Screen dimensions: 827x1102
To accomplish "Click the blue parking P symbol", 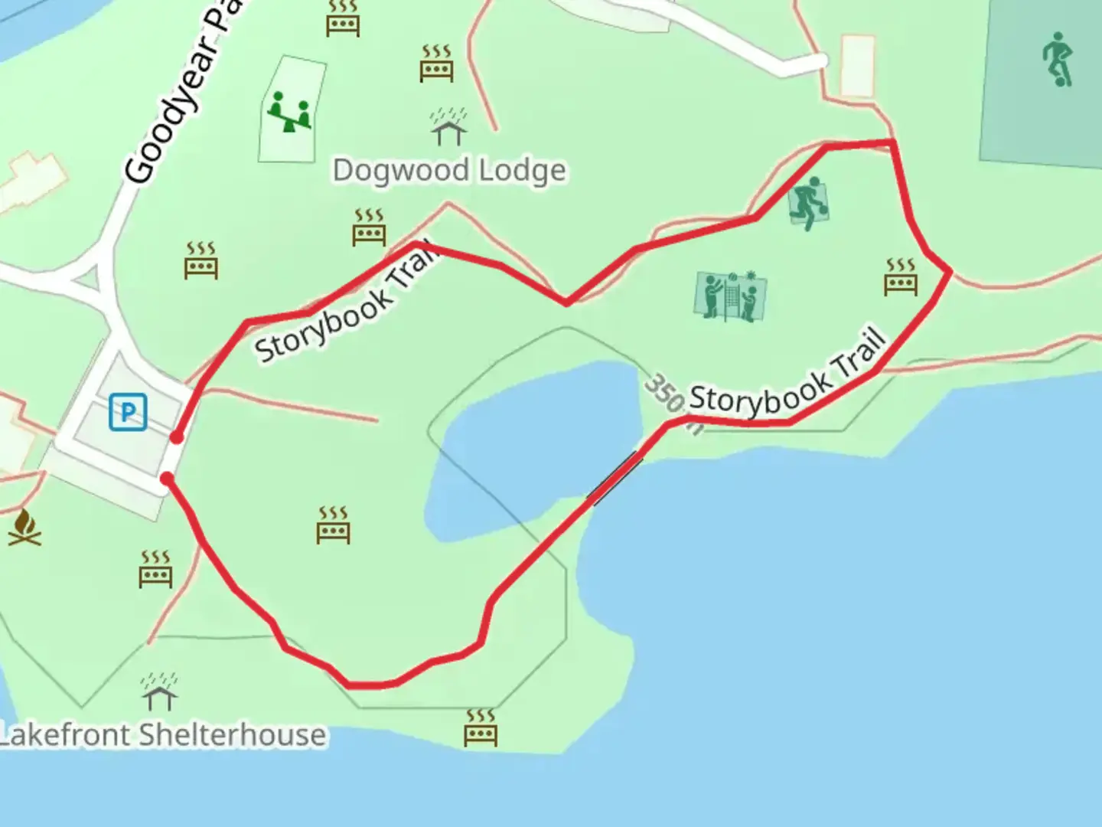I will [128, 412].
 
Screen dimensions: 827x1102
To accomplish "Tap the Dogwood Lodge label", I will [449, 170].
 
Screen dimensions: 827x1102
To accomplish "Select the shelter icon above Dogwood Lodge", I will [448, 127].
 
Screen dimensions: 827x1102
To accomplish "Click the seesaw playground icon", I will [289, 111].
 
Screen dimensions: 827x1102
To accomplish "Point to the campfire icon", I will [24, 528].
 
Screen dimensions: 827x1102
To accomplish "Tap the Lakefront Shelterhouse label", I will [163, 735].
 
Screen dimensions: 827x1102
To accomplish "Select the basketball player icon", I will [808, 202].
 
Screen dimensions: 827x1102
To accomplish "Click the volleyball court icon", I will [731, 296].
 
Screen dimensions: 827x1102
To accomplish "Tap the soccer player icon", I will [1058, 59].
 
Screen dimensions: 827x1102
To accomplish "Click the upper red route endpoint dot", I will [177, 437].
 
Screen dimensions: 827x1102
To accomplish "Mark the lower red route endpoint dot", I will [167, 479].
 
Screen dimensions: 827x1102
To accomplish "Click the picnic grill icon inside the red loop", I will [334, 525].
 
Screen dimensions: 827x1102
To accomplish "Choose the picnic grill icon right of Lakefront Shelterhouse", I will [481, 727].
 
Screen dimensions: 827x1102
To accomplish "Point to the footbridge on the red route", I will [615, 478].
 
